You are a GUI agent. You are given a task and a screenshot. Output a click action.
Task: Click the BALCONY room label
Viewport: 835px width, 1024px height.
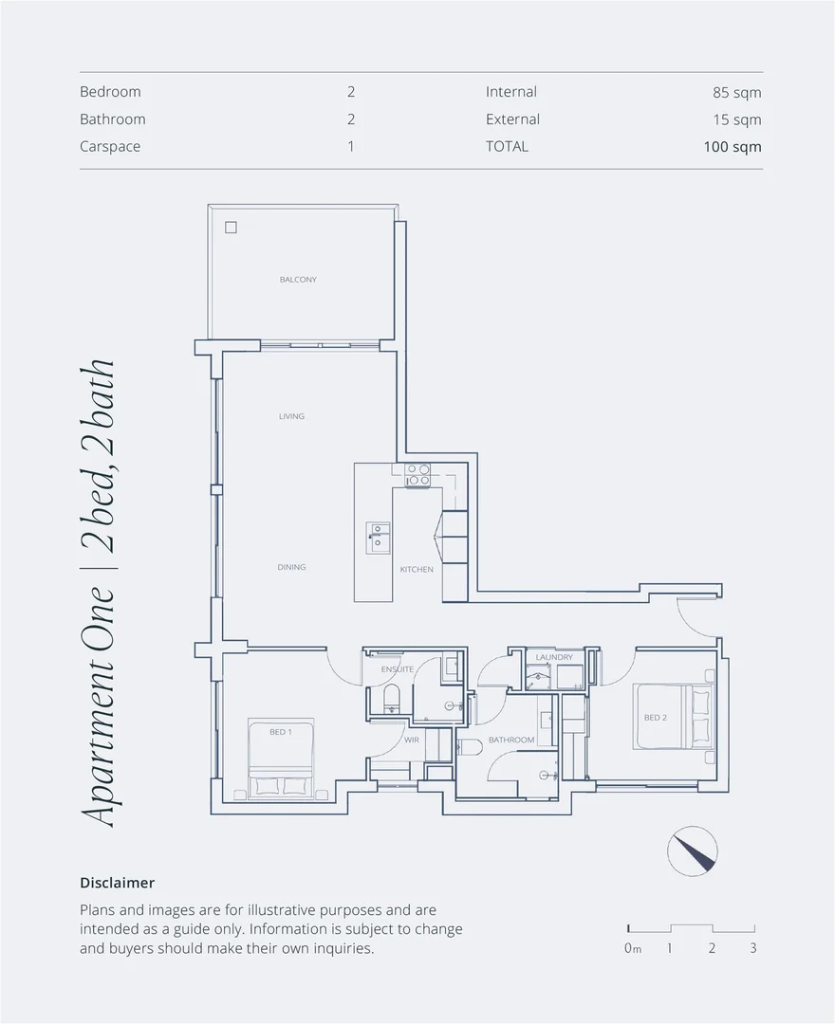tap(298, 280)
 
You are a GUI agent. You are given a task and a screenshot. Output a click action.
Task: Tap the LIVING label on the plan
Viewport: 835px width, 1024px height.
tap(291, 416)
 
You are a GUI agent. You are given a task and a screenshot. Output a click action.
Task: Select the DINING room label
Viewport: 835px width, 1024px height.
tap(291, 567)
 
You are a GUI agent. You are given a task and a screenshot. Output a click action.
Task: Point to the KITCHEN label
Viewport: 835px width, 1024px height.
tap(417, 569)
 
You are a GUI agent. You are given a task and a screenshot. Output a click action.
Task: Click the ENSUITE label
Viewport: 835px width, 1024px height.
tap(397, 669)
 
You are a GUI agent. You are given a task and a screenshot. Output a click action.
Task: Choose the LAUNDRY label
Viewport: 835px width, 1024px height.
tap(554, 657)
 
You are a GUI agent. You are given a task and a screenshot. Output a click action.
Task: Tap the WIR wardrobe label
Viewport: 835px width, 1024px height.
tap(412, 740)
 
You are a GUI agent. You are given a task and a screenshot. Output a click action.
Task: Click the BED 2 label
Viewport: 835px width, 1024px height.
tap(655, 718)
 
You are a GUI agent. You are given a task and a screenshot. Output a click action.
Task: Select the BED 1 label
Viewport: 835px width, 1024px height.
tap(279, 732)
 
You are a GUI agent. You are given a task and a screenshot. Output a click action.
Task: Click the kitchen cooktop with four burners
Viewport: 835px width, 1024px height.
tap(418, 475)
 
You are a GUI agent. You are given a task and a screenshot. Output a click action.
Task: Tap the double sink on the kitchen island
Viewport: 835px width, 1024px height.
tap(379, 537)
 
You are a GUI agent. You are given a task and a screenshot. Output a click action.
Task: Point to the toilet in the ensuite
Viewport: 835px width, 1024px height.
tap(390, 701)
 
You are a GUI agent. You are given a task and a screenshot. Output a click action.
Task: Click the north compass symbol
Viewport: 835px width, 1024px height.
tap(693, 850)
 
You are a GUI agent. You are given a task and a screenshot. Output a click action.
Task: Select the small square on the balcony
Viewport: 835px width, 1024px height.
tap(231, 228)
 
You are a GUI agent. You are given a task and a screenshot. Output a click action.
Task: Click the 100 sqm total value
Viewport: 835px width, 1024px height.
tap(732, 147)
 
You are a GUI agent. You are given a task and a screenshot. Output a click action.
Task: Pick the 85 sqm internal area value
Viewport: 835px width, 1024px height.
tap(736, 93)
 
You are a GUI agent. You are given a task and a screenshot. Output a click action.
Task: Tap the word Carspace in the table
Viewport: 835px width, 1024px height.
tap(110, 147)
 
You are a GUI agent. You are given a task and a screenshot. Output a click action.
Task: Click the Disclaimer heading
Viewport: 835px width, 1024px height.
tap(117, 883)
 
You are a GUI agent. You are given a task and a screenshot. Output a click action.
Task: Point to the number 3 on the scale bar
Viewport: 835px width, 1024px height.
tap(752, 948)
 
